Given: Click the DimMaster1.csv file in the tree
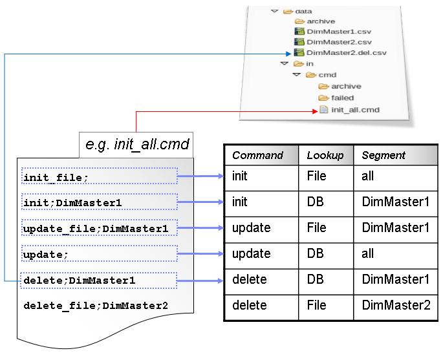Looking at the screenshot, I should coord(330,31).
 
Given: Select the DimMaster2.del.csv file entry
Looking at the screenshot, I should coord(336,52).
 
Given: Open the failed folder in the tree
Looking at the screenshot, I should coord(342,98).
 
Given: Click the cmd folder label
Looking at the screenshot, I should coord(327,75).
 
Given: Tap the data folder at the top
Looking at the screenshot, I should coord(303,11).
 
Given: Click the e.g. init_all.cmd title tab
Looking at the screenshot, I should coord(137,144).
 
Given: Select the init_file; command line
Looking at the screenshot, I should coord(99,176).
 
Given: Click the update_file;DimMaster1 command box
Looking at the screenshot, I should coord(99,228).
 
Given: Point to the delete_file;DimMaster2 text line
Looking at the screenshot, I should coord(96,306).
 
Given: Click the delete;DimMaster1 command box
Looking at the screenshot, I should coord(99,281).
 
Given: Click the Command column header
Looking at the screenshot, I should coord(257,155).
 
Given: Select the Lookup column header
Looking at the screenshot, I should coord(325,155).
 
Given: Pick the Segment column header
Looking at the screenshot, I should coord(384,155).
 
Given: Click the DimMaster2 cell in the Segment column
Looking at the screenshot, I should coord(396,305).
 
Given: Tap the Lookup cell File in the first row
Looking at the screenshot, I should coord(316,176).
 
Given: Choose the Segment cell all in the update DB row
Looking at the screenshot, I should coord(368,253).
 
